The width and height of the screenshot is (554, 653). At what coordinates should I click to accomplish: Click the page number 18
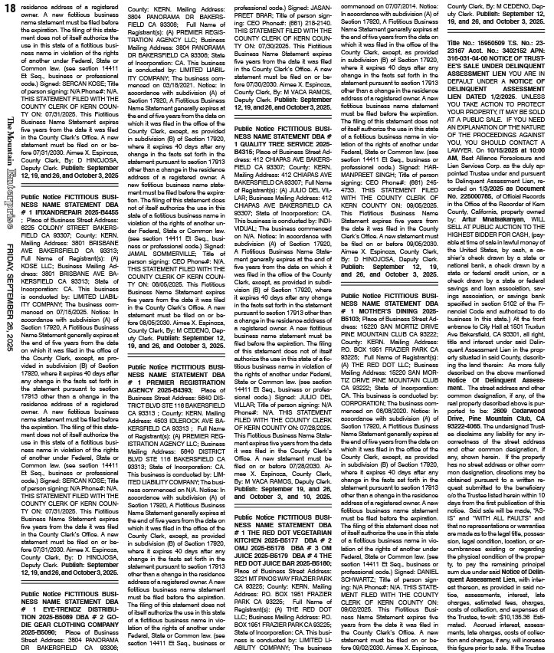(9, 8)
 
